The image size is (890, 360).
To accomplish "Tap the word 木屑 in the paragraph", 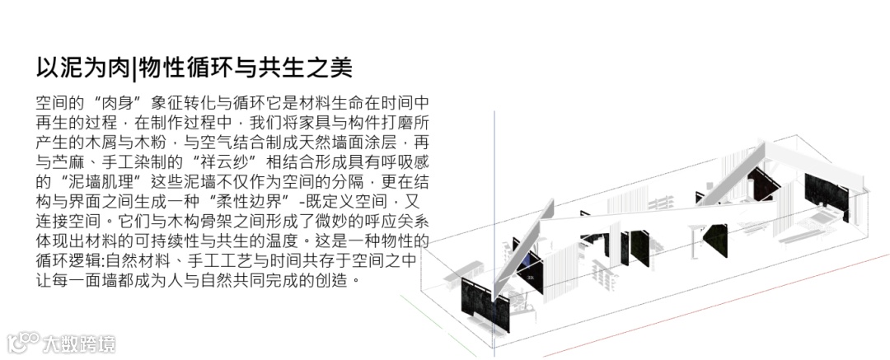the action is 96,139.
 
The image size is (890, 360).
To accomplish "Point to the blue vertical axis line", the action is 494,206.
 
